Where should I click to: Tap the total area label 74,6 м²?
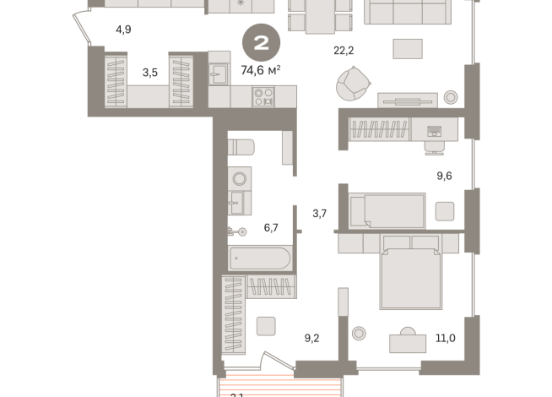260,70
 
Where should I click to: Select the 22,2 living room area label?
344,51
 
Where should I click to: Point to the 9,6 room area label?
445,177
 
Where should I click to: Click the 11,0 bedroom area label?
446,339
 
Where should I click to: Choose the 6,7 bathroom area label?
271,228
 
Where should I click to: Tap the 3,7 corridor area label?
319,214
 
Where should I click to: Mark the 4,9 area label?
123,30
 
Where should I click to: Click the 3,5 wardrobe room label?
150,73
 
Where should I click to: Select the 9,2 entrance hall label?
311,339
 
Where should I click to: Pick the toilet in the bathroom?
241,146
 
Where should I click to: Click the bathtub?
260,258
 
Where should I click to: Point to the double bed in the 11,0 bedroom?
410,272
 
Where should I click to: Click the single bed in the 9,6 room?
387,210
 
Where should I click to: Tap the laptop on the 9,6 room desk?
434,132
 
